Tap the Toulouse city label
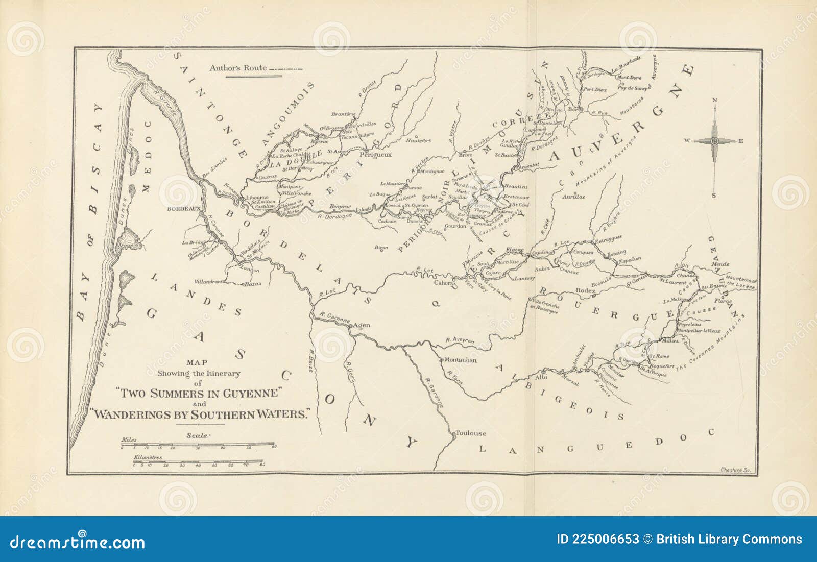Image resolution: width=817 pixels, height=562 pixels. pos(471,433)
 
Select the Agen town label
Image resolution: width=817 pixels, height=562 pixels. pos(362,325)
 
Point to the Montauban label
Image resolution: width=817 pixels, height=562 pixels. pos(461,360)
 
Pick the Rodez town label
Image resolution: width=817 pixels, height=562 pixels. pos(586,290)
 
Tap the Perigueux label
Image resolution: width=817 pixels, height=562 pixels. pos(376,155)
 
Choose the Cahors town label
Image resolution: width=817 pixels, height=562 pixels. pos(443,283)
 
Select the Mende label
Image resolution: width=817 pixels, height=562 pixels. pos(720,264)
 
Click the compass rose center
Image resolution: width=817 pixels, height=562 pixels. pos(715,141)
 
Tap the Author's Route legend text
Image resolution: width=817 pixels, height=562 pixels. pos(238,68)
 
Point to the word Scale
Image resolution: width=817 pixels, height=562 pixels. pos(198,435)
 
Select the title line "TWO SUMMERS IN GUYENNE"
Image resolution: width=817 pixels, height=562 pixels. pos(200,393)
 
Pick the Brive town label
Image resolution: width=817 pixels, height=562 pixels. pos(465,154)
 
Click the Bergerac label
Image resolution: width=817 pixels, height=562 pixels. pos(341,206)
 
